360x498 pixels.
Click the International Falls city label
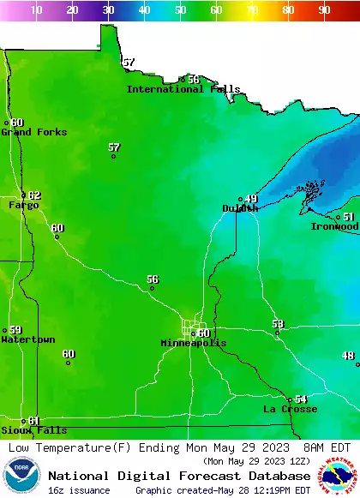pyautogui.click(x=183, y=89)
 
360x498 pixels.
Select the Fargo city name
pyautogui.click(x=23, y=206)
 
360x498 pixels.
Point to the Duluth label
pyautogui.click(x=240, y=208)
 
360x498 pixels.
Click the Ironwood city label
pyautogui.click(x=334, y=226)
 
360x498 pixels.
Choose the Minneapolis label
pyautogui.click(x=194, y=343)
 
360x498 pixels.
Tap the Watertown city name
pyautogui.click(x=27, y=340)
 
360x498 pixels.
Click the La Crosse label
pyautogui.click(x=290, y=410)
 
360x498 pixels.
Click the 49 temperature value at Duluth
pyautogui.click(x=250, y=199)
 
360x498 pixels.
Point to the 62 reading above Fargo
pyautogui.click(x=34, y=195)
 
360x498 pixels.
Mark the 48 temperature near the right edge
pyautogui.click(x=348, y=356)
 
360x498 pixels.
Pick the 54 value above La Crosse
pyautogui.click(x=301, y=399)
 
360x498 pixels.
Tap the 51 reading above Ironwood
pyautogui.click(x=349, y=218)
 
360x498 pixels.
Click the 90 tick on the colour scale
pyautogui.click(x=324, y=9)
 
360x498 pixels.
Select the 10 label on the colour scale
pyautogui.click(x=37, y=9)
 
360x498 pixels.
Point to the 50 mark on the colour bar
pyautogui.click(x=180, y=9)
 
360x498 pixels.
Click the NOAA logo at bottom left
pyautogui.click(x=21, y=476)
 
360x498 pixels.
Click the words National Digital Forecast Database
pyautogui.click(x=179, y=476)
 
